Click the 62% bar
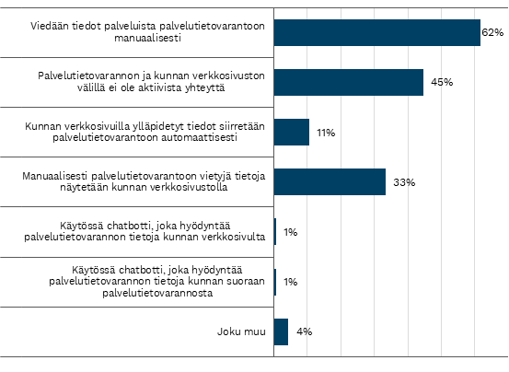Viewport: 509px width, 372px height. pos(377,32)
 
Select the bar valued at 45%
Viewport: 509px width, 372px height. pos(349,83)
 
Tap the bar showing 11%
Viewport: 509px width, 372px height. pos(292,132)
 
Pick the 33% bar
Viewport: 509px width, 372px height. pos(330,181)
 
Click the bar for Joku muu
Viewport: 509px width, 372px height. pos(281,331)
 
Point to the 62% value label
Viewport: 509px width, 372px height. pos(492,32)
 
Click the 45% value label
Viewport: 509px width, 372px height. pos(442,83)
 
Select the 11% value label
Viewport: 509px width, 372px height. pos(326,133)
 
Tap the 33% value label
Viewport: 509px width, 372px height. pos(404,182)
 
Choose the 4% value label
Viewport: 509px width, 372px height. pos(304,331)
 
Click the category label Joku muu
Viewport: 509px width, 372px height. pos(241,331)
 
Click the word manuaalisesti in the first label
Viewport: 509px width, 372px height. pos(147,39)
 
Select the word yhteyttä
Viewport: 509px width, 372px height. pos(204,88)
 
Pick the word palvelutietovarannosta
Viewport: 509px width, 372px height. pos(157,293)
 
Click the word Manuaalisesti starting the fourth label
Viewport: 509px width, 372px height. pos(55,176)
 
